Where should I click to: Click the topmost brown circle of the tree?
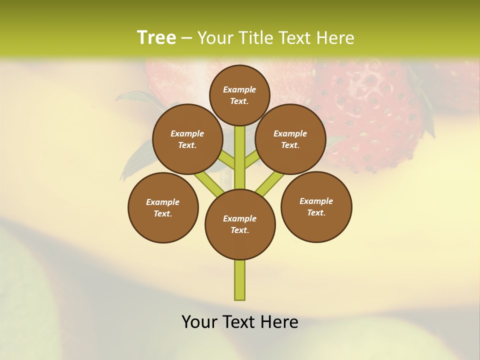[x=239, y=95]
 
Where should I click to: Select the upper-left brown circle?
[x=187, y=139]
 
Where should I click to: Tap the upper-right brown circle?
[x=290, y=139]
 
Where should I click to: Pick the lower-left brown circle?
[x=163, y=207]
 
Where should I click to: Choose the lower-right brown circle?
[x=316, y=206]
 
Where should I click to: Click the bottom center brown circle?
[x=240, y=224]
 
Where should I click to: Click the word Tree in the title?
[x=156, y=37]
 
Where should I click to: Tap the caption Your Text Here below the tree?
[x=240, y=322]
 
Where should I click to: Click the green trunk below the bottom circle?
[x=240, y=280]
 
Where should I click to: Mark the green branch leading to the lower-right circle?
[x=270, y=182]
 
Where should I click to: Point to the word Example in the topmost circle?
[x=239, y=89]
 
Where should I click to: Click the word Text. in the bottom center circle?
[x=240, y=230]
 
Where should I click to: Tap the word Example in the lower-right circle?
[x=316, y=201]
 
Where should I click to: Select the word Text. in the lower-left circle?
[x=163, y=214]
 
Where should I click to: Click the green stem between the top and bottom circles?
[x=240, y=157]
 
